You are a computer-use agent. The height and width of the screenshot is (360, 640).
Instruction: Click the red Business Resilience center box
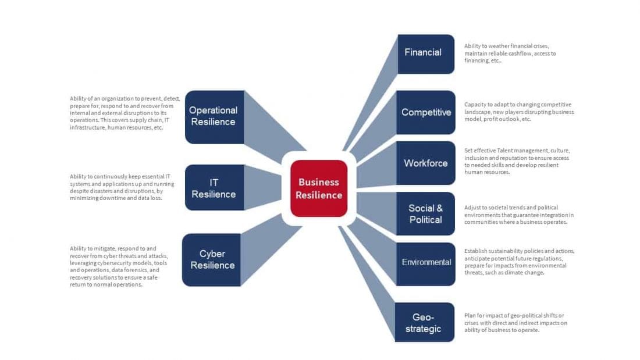pos(319,188)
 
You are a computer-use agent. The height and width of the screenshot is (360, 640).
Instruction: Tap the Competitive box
pos(425,112)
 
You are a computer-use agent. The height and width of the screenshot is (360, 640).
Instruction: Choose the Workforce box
pos(425,163)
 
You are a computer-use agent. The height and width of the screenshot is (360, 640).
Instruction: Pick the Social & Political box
pos(425,213)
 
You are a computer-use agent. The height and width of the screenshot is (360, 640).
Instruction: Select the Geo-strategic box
pos(424,322)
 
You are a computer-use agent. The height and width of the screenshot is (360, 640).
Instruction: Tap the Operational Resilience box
pos(214,116)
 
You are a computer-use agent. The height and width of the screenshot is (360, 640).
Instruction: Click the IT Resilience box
pos(214,187)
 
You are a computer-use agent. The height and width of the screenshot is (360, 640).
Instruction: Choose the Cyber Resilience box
pos(212,259)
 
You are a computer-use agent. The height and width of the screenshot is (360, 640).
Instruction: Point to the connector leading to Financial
pos(372,99)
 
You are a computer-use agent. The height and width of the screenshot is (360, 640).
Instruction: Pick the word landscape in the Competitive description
pos(477,112)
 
